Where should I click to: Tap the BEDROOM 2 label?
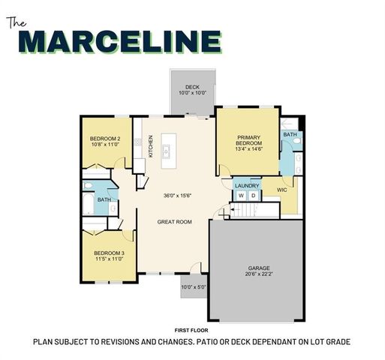point(105,139)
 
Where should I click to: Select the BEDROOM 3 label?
point(109,253)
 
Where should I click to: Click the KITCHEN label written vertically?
point(150,144)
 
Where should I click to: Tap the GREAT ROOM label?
point(175,222)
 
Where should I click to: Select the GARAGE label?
point(259,268)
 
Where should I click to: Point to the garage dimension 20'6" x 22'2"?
point(259,274)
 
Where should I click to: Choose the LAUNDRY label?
point(247,186)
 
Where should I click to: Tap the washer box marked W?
point(242,196)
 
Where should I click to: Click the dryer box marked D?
point(253,196)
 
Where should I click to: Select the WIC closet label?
point(282,190)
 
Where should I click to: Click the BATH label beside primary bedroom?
point(290,135)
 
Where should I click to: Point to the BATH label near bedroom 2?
point(104,199)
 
